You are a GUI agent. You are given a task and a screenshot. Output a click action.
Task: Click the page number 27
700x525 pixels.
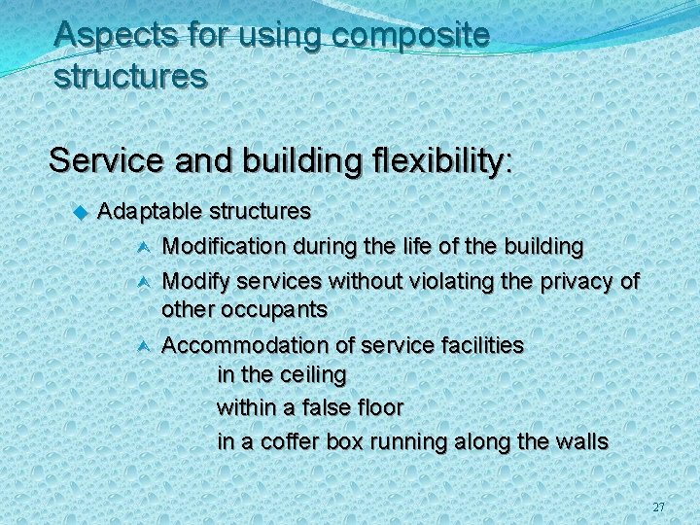click(x=659, y=507)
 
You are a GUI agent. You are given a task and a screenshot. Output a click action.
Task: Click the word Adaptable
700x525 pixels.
click(x=150, y=211)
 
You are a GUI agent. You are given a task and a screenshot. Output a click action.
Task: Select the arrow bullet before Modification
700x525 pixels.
click(x=142, y=247)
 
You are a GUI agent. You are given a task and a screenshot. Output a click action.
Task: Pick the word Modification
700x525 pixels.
click(x=221, y=247)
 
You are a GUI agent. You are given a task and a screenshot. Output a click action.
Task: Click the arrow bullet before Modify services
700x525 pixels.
click(x=142, y=282)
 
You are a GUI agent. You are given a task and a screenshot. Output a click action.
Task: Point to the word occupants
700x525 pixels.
click(x=279, y=310)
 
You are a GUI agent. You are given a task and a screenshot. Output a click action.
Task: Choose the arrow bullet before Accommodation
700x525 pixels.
click(x=142, y=345)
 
